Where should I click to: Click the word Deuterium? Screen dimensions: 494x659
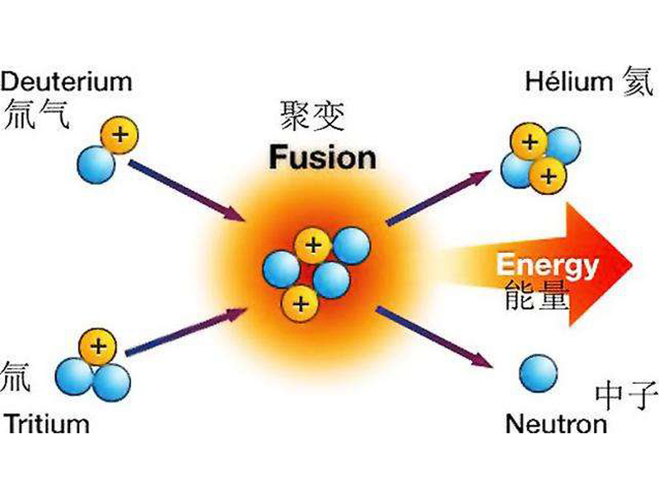point(66,82)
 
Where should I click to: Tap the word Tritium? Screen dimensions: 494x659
point(46,425)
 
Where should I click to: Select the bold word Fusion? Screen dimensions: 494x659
point(322,156)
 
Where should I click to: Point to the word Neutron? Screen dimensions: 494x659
point(556,425)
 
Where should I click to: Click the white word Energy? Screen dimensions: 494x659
point(547,265)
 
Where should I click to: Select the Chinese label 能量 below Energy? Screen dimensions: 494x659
point(537,295)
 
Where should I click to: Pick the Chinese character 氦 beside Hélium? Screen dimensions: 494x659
point(638,82)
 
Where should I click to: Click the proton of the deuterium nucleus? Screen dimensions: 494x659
point(119,134)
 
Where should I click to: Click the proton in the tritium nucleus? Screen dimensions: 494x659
point(97,347)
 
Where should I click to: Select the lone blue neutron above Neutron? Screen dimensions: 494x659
point(538,373)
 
